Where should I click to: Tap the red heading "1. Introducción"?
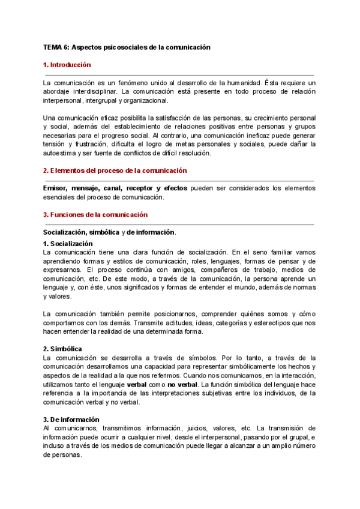pos(67,64)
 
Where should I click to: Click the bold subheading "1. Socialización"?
pos(68,243)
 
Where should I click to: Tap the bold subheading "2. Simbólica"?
pos(62,349)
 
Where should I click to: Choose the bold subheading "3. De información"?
pos(71,420)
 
